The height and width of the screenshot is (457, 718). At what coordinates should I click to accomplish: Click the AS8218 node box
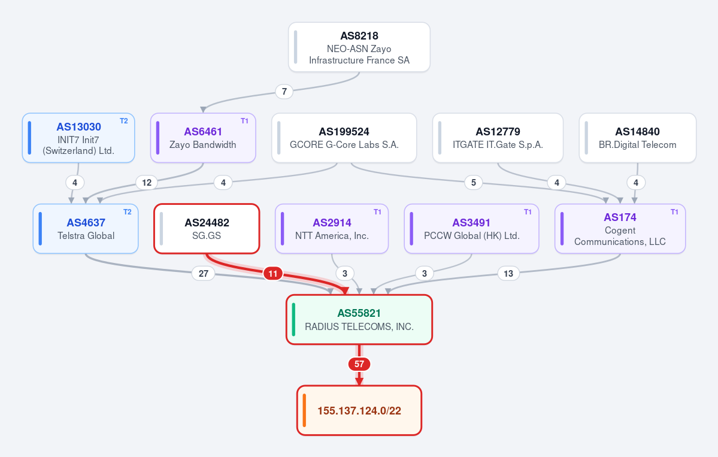[x=359, y=47]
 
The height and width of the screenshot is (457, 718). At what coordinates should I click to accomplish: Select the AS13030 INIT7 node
[x=78, y=138]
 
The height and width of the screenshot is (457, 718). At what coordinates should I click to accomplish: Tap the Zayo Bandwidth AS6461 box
[x=203, y=138]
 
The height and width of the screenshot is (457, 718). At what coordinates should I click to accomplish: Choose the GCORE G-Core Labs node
[x=344, y=138]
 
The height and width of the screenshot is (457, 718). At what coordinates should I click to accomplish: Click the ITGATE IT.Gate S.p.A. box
[x=498, y=138]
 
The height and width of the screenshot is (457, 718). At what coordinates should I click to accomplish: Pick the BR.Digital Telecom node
[x=637, y=138]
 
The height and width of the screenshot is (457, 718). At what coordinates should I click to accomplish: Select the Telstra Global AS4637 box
[x=86, y=229]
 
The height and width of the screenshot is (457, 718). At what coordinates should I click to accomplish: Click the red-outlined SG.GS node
[x=207, y=229]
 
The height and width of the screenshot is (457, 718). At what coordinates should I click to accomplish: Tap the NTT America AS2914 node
[x=332, y=229]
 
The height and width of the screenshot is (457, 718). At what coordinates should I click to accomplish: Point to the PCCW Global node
[x=471, y=229]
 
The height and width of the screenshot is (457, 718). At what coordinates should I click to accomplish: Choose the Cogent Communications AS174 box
[x=620, y=229]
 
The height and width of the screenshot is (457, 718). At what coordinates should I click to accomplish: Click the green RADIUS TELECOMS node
[x=359, y=319]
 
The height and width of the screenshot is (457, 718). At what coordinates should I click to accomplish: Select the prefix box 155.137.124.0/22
[x=359, y=410]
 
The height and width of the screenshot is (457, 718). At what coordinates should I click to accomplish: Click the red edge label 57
[x=359, y=364]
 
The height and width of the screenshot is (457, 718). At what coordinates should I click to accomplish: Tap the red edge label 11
[x=273, y=274]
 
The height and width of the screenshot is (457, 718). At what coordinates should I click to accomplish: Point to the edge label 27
[x=204, y=274]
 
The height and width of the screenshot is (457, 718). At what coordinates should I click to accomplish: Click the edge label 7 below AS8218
[x=284, y=92]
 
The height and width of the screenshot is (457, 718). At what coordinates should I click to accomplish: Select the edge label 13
[x=508, y=274]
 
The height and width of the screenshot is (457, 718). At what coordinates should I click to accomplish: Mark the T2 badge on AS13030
[x=123, y=121]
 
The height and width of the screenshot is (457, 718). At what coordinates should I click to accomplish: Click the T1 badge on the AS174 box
[x=674, y=211]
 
